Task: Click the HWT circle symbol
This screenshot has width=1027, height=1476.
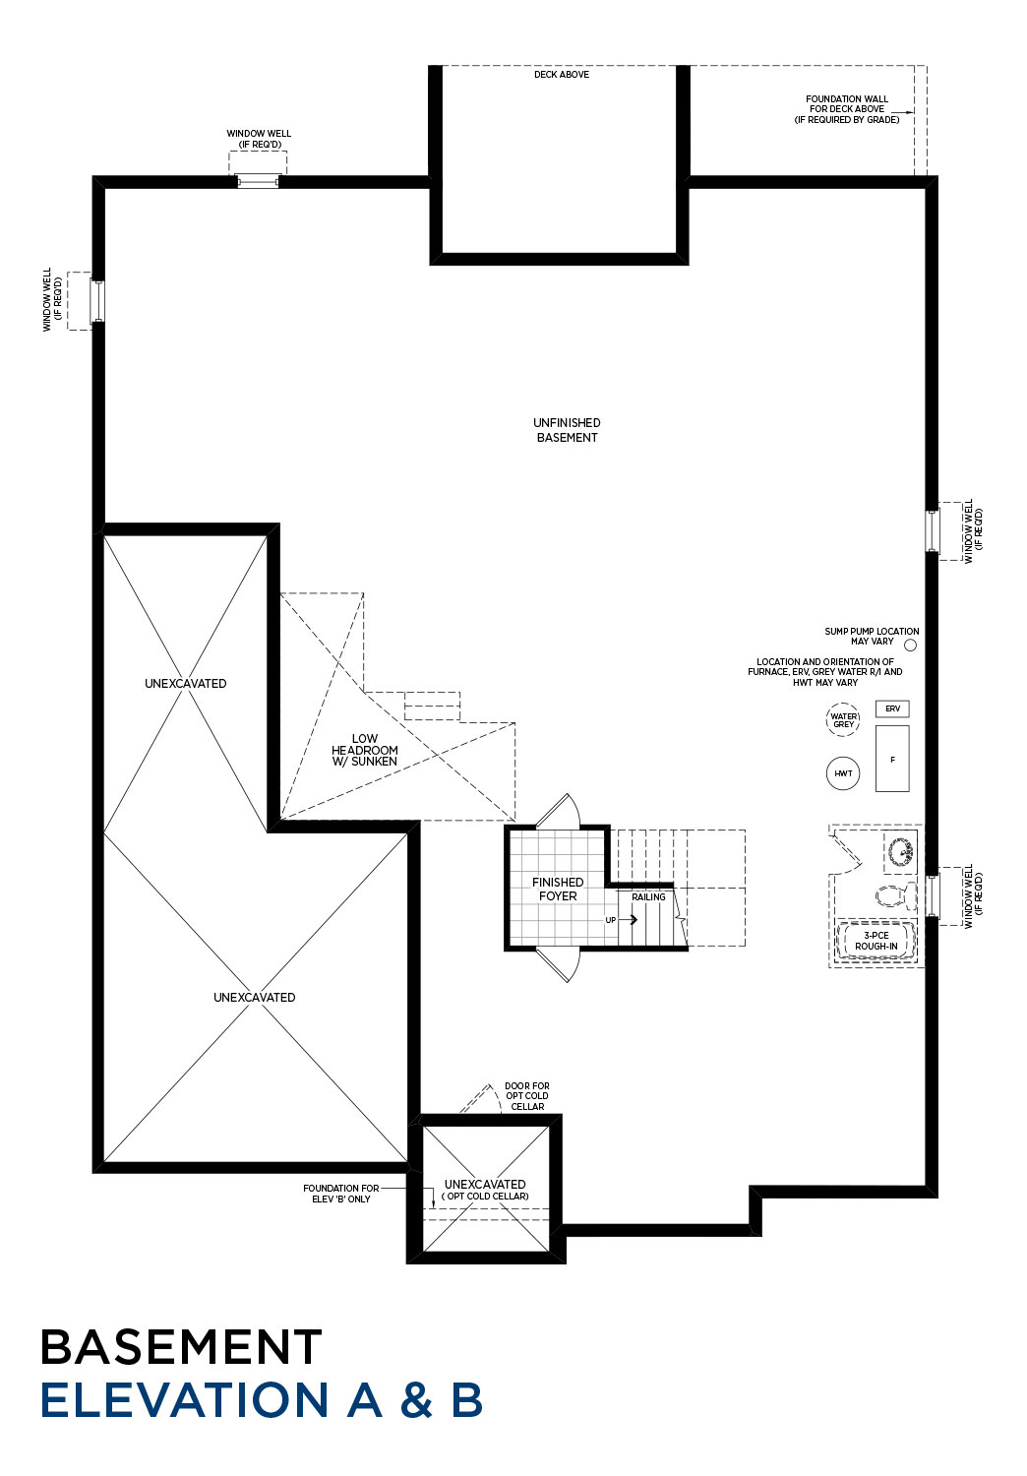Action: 842,772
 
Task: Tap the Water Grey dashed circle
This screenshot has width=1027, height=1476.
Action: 842,719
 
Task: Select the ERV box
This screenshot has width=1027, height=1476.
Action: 892,708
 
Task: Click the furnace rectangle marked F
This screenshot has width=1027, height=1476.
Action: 892,759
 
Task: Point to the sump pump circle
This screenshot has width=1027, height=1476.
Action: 910,646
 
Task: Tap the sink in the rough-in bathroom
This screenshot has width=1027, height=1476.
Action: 900,851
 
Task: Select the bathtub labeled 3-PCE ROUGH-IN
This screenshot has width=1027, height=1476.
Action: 876,941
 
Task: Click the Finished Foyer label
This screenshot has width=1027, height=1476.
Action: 558,889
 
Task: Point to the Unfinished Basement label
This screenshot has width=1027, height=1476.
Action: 567,430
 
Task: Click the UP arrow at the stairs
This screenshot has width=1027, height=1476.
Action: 628,919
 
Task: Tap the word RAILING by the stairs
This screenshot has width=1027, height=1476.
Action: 648,896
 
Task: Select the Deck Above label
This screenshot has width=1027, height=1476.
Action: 562,75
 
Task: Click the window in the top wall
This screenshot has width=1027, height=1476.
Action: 258,180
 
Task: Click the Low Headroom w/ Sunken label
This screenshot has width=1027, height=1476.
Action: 364,750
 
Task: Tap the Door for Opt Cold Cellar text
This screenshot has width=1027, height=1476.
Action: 527,1096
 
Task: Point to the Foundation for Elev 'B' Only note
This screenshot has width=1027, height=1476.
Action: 340,1194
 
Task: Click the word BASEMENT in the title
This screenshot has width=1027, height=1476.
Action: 181,1347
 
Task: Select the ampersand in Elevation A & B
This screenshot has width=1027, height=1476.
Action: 416,1400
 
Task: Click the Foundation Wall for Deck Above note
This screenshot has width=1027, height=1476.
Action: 847,108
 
